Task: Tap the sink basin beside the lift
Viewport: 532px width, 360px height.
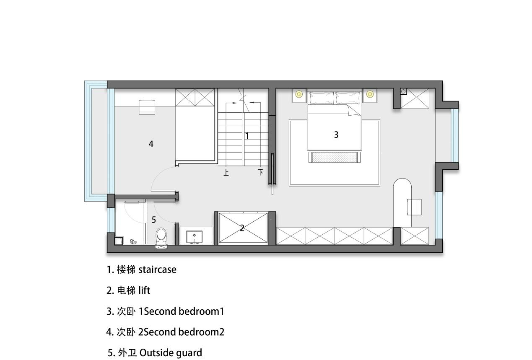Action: click(194, 236)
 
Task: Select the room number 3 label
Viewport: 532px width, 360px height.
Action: click(336, 135)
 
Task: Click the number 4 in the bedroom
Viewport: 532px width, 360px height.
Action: click(151, 144)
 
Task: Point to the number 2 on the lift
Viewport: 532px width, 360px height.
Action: click(242, 228)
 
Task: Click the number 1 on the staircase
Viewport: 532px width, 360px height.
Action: click(247, 136)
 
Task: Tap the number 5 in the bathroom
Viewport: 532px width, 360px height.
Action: click(154, 220)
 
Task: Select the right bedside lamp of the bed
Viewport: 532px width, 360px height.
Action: click(369, 94)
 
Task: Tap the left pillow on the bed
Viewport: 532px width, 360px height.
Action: click(322, 98)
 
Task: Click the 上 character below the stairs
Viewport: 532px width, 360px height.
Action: click(226, 173)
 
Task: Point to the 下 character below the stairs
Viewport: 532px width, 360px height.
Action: click(260, 172)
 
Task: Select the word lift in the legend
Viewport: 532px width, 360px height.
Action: click(144, 290)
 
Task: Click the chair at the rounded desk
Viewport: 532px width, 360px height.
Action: click(414, 207)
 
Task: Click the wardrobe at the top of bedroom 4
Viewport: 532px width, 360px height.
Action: click(195, 97)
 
